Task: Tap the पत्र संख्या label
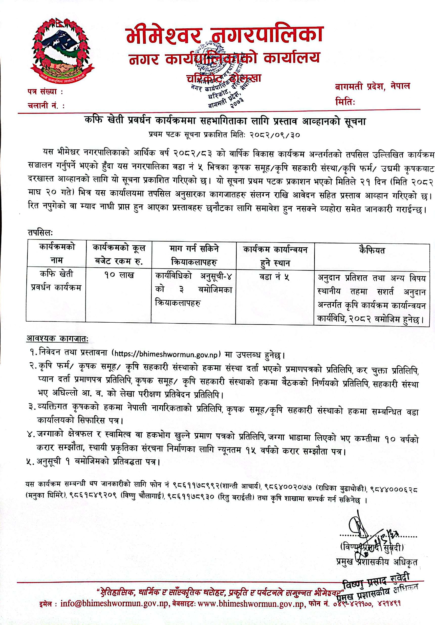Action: (45, 92)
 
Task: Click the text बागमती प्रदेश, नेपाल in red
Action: (372, 86)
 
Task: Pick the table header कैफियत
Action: (372, 250)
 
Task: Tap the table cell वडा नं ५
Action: (274, 277)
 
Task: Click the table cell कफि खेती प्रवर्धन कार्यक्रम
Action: (56, 280)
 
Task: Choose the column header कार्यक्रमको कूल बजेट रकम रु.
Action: (119, 255)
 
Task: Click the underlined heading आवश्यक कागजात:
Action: (57, 339)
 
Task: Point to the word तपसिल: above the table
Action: (40, 232)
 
